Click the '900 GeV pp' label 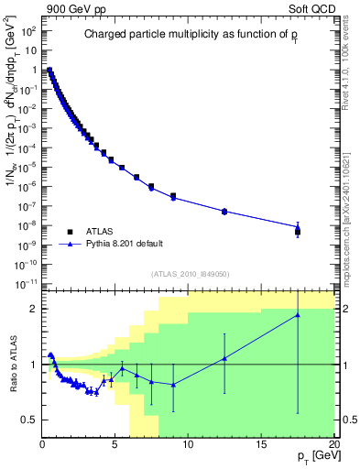click(71, 8)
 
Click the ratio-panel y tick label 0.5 click(30, 420)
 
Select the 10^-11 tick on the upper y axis click(25, 284)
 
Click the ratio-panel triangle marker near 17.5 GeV click(297, 315)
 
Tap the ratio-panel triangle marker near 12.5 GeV click(224, 358)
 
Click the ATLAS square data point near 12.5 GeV click(224, 211)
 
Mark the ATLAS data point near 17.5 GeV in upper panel click(297, 232)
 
